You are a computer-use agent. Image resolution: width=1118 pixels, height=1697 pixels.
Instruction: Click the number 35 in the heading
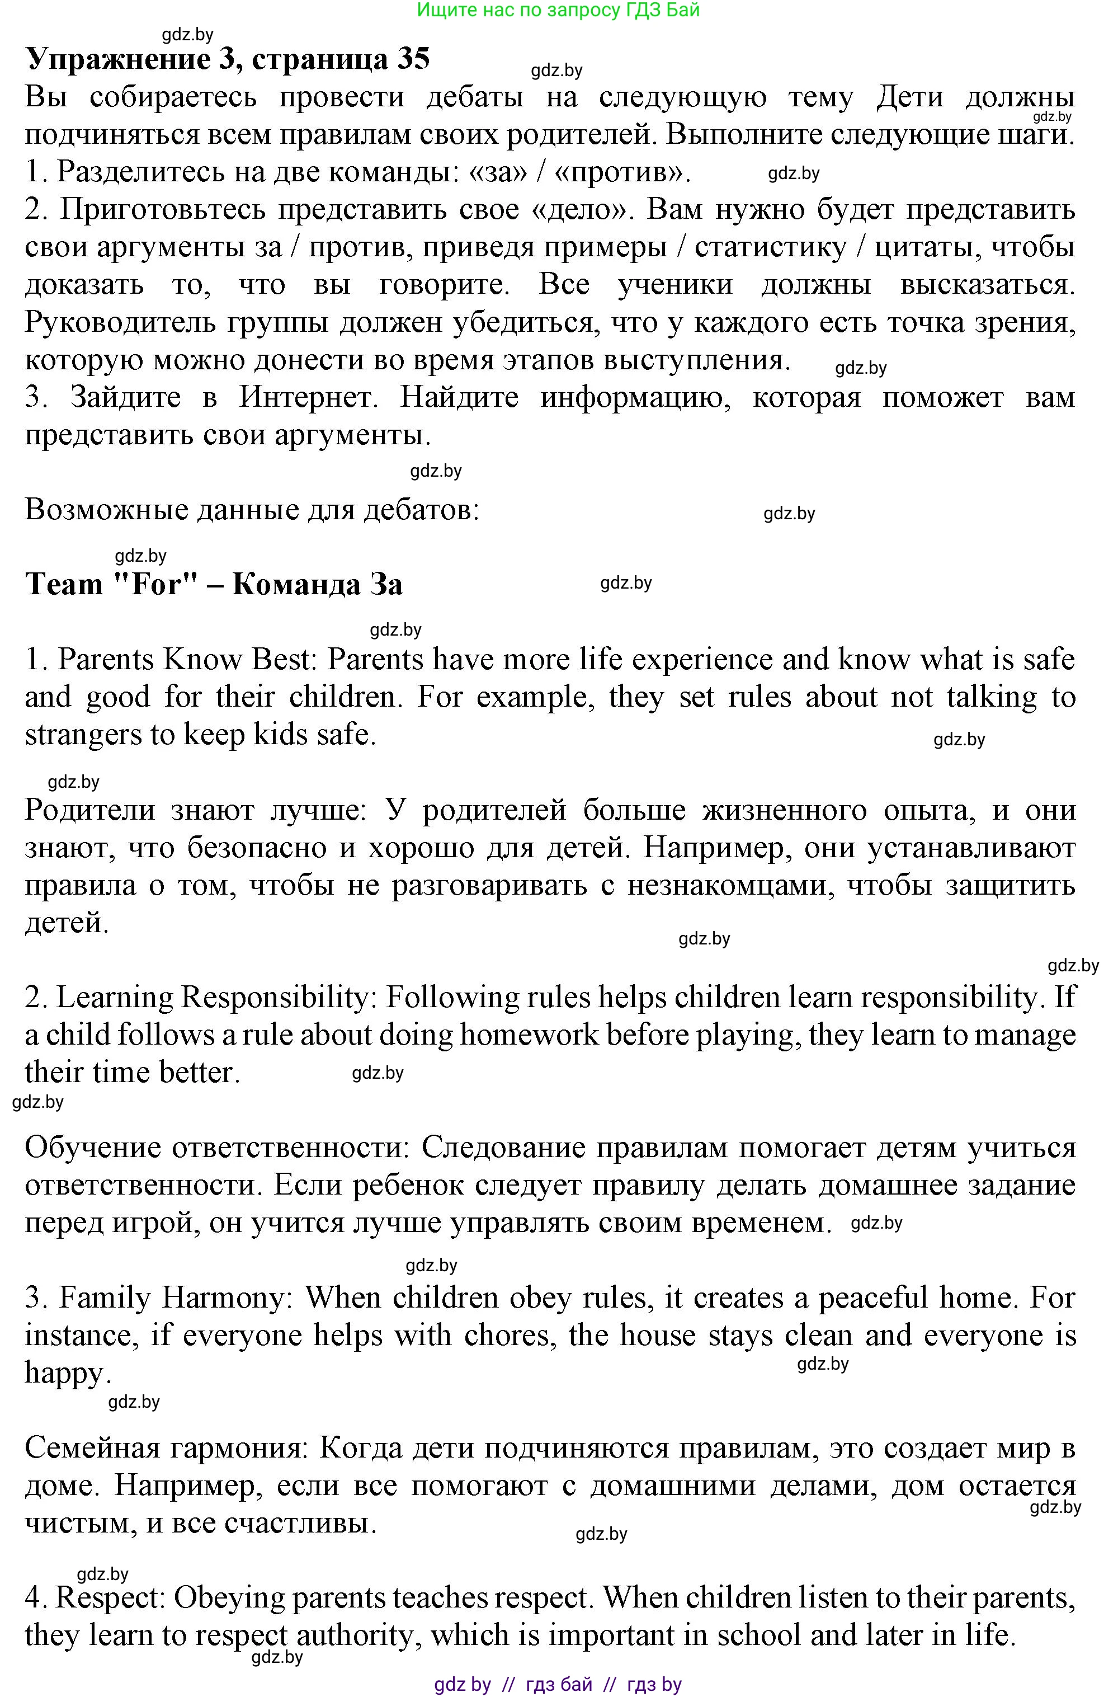click(x=413, y=59)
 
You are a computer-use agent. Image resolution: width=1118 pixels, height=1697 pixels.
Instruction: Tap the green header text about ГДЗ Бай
click(x=558, y=10)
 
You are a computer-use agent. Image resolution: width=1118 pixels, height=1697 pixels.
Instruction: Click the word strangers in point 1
click(x=83, y=734)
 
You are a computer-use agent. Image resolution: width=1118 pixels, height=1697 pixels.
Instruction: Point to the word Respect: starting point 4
click(x=111, y=1598)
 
